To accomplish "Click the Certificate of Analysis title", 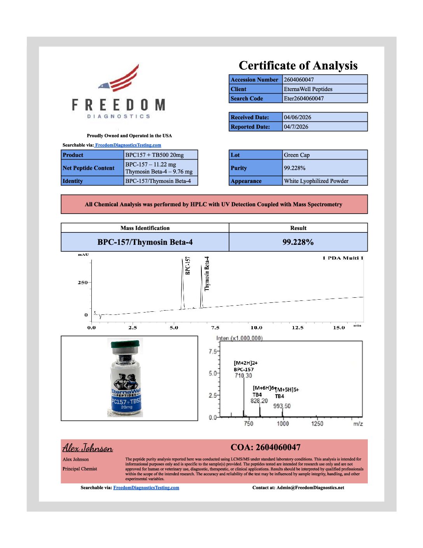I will click(298, 65).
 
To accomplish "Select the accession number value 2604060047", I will click(299, 80).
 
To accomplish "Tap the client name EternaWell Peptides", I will click(308, 89).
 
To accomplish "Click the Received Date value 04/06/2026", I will click(297, 117).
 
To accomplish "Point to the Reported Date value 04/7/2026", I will click(296, 127).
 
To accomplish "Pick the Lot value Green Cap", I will click(297, 155).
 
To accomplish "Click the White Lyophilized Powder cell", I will click(316, 181).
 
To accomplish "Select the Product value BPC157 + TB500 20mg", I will click(154, 155).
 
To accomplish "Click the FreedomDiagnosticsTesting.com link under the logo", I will click(128, 145).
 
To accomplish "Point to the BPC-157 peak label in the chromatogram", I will click(188, 265).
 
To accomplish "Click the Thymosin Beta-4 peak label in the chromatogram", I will click(207, 273).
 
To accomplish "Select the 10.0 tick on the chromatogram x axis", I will click(256, 328).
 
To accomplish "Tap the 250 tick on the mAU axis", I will click(82, 283).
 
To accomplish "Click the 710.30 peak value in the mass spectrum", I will click(243, 376).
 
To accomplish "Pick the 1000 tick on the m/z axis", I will click(283, 424).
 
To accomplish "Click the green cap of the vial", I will click(125, 344).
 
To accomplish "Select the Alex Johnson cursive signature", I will click(87, 448).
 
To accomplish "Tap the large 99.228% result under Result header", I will click(298, 242).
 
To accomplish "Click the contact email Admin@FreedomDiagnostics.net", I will click(310, 488).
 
